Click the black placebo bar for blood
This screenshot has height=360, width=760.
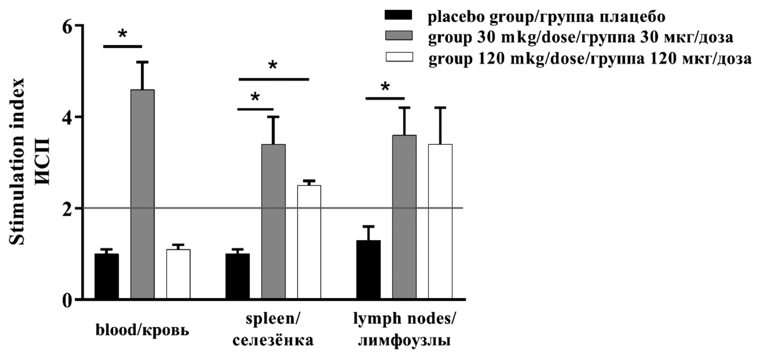pos(107,277)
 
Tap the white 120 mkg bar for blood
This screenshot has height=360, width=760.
pos(179,274)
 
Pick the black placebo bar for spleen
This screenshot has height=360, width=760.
pos(237,277)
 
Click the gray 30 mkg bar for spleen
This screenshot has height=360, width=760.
pos(273,222)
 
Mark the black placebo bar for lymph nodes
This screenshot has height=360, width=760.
pos(368,270)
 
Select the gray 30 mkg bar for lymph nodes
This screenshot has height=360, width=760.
pos(404,217)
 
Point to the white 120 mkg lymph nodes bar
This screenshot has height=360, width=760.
pos(440,222)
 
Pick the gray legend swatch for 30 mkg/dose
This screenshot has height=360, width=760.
pos(399,37)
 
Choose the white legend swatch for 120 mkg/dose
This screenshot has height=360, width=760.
pos(399,57)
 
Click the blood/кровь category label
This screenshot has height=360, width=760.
pos(142,331)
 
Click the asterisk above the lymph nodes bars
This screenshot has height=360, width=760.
pos(385,87)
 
